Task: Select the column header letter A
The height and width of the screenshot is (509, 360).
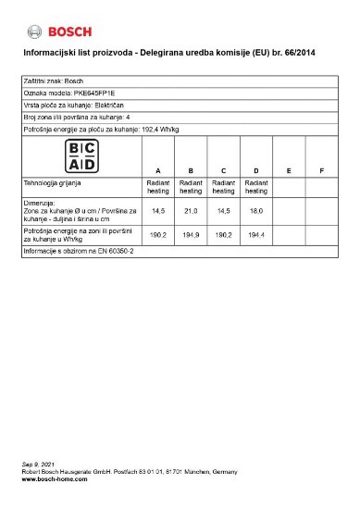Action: click(158, 171)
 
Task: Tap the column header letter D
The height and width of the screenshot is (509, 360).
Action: click(255, 171)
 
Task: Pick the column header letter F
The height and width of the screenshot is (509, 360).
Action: click(320, 171)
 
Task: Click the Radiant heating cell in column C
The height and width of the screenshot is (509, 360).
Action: click(223, 187)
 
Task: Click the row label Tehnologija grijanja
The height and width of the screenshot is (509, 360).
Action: click(53, 184)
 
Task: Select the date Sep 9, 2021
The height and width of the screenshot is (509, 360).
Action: click(38, 464)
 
